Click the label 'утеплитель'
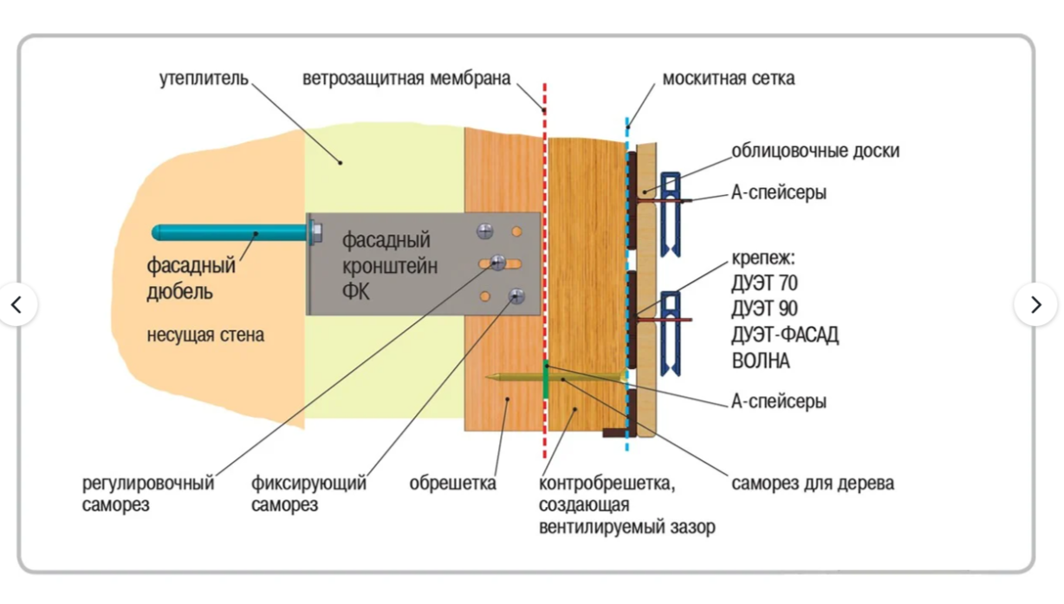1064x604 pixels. pos(204,79)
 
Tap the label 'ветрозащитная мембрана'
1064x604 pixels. pos(406,79)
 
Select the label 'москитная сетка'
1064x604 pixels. pos(728,79)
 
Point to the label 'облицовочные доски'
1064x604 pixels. pos(815,151)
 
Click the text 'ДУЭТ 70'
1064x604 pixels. pos(764,283)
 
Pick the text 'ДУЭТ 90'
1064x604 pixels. pos(764,308)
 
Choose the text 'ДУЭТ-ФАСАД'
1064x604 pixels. pos(785,334)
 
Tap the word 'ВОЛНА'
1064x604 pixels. pos(761,360)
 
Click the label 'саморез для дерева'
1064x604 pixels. pos(812,484)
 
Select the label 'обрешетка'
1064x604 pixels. pos(452,484)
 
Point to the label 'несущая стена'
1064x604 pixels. pos(205,334)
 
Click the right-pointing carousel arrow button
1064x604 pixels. pos(1035,304)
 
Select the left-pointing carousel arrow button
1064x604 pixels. pos(16,304)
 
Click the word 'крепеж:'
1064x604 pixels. pos(762,258)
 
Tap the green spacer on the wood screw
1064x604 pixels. pos(546,380)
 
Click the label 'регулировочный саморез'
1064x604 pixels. pos(147,494)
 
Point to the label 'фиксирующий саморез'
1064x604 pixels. pos(308,494)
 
